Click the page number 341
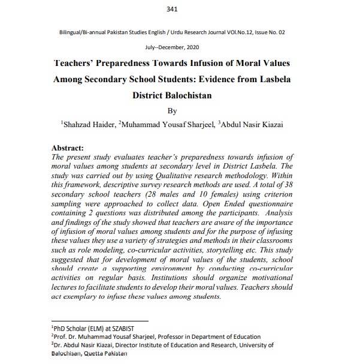pos(180,10)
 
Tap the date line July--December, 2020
pos(180,46)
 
